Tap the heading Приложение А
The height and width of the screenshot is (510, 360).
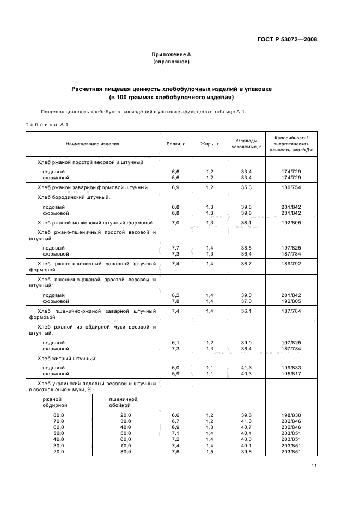[171, 55]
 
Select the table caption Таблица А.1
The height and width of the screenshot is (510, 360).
[46, 126]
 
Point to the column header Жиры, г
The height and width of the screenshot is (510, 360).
[210, 144]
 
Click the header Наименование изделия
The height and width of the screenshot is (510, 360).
[93, 144]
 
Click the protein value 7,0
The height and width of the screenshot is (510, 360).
[175, 222]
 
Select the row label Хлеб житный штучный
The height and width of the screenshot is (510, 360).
[67, 359]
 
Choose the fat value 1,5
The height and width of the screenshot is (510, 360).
[210, 452]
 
